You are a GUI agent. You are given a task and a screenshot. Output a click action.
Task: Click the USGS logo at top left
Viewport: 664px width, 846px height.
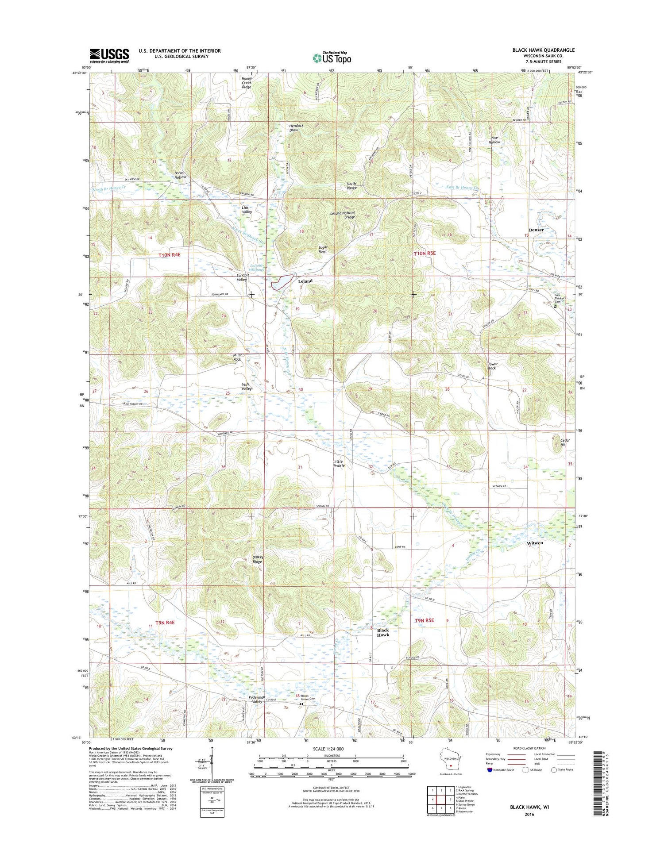[x=109, y=56]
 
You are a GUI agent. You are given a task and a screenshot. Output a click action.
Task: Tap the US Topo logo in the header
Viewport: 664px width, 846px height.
[x=332, y=58]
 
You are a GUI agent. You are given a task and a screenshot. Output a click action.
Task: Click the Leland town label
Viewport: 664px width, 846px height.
[x=305, y=281]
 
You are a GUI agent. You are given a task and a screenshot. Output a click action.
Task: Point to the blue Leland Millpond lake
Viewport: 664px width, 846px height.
[x=282, y=281]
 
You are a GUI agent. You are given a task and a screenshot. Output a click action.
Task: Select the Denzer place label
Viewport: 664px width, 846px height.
[x=536, y=230]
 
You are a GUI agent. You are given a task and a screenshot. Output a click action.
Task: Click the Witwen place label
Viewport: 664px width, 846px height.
[x=535, y=542]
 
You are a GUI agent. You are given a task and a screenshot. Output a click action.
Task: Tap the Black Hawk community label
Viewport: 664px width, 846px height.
[x=383, y=633]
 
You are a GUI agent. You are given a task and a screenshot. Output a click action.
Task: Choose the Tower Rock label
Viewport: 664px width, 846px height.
[x=492, y=366]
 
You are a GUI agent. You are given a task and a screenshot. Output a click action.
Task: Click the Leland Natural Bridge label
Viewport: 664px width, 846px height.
[x=343, y=215]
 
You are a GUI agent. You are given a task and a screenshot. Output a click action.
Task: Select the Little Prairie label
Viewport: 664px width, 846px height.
[x=339, y=463]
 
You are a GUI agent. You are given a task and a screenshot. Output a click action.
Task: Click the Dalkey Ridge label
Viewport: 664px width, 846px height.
[x=258, y=559]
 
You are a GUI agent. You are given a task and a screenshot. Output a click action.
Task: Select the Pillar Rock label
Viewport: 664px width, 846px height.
[x=237, y=357]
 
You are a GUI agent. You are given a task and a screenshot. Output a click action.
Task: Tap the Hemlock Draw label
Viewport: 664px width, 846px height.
[x=296, y=128]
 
